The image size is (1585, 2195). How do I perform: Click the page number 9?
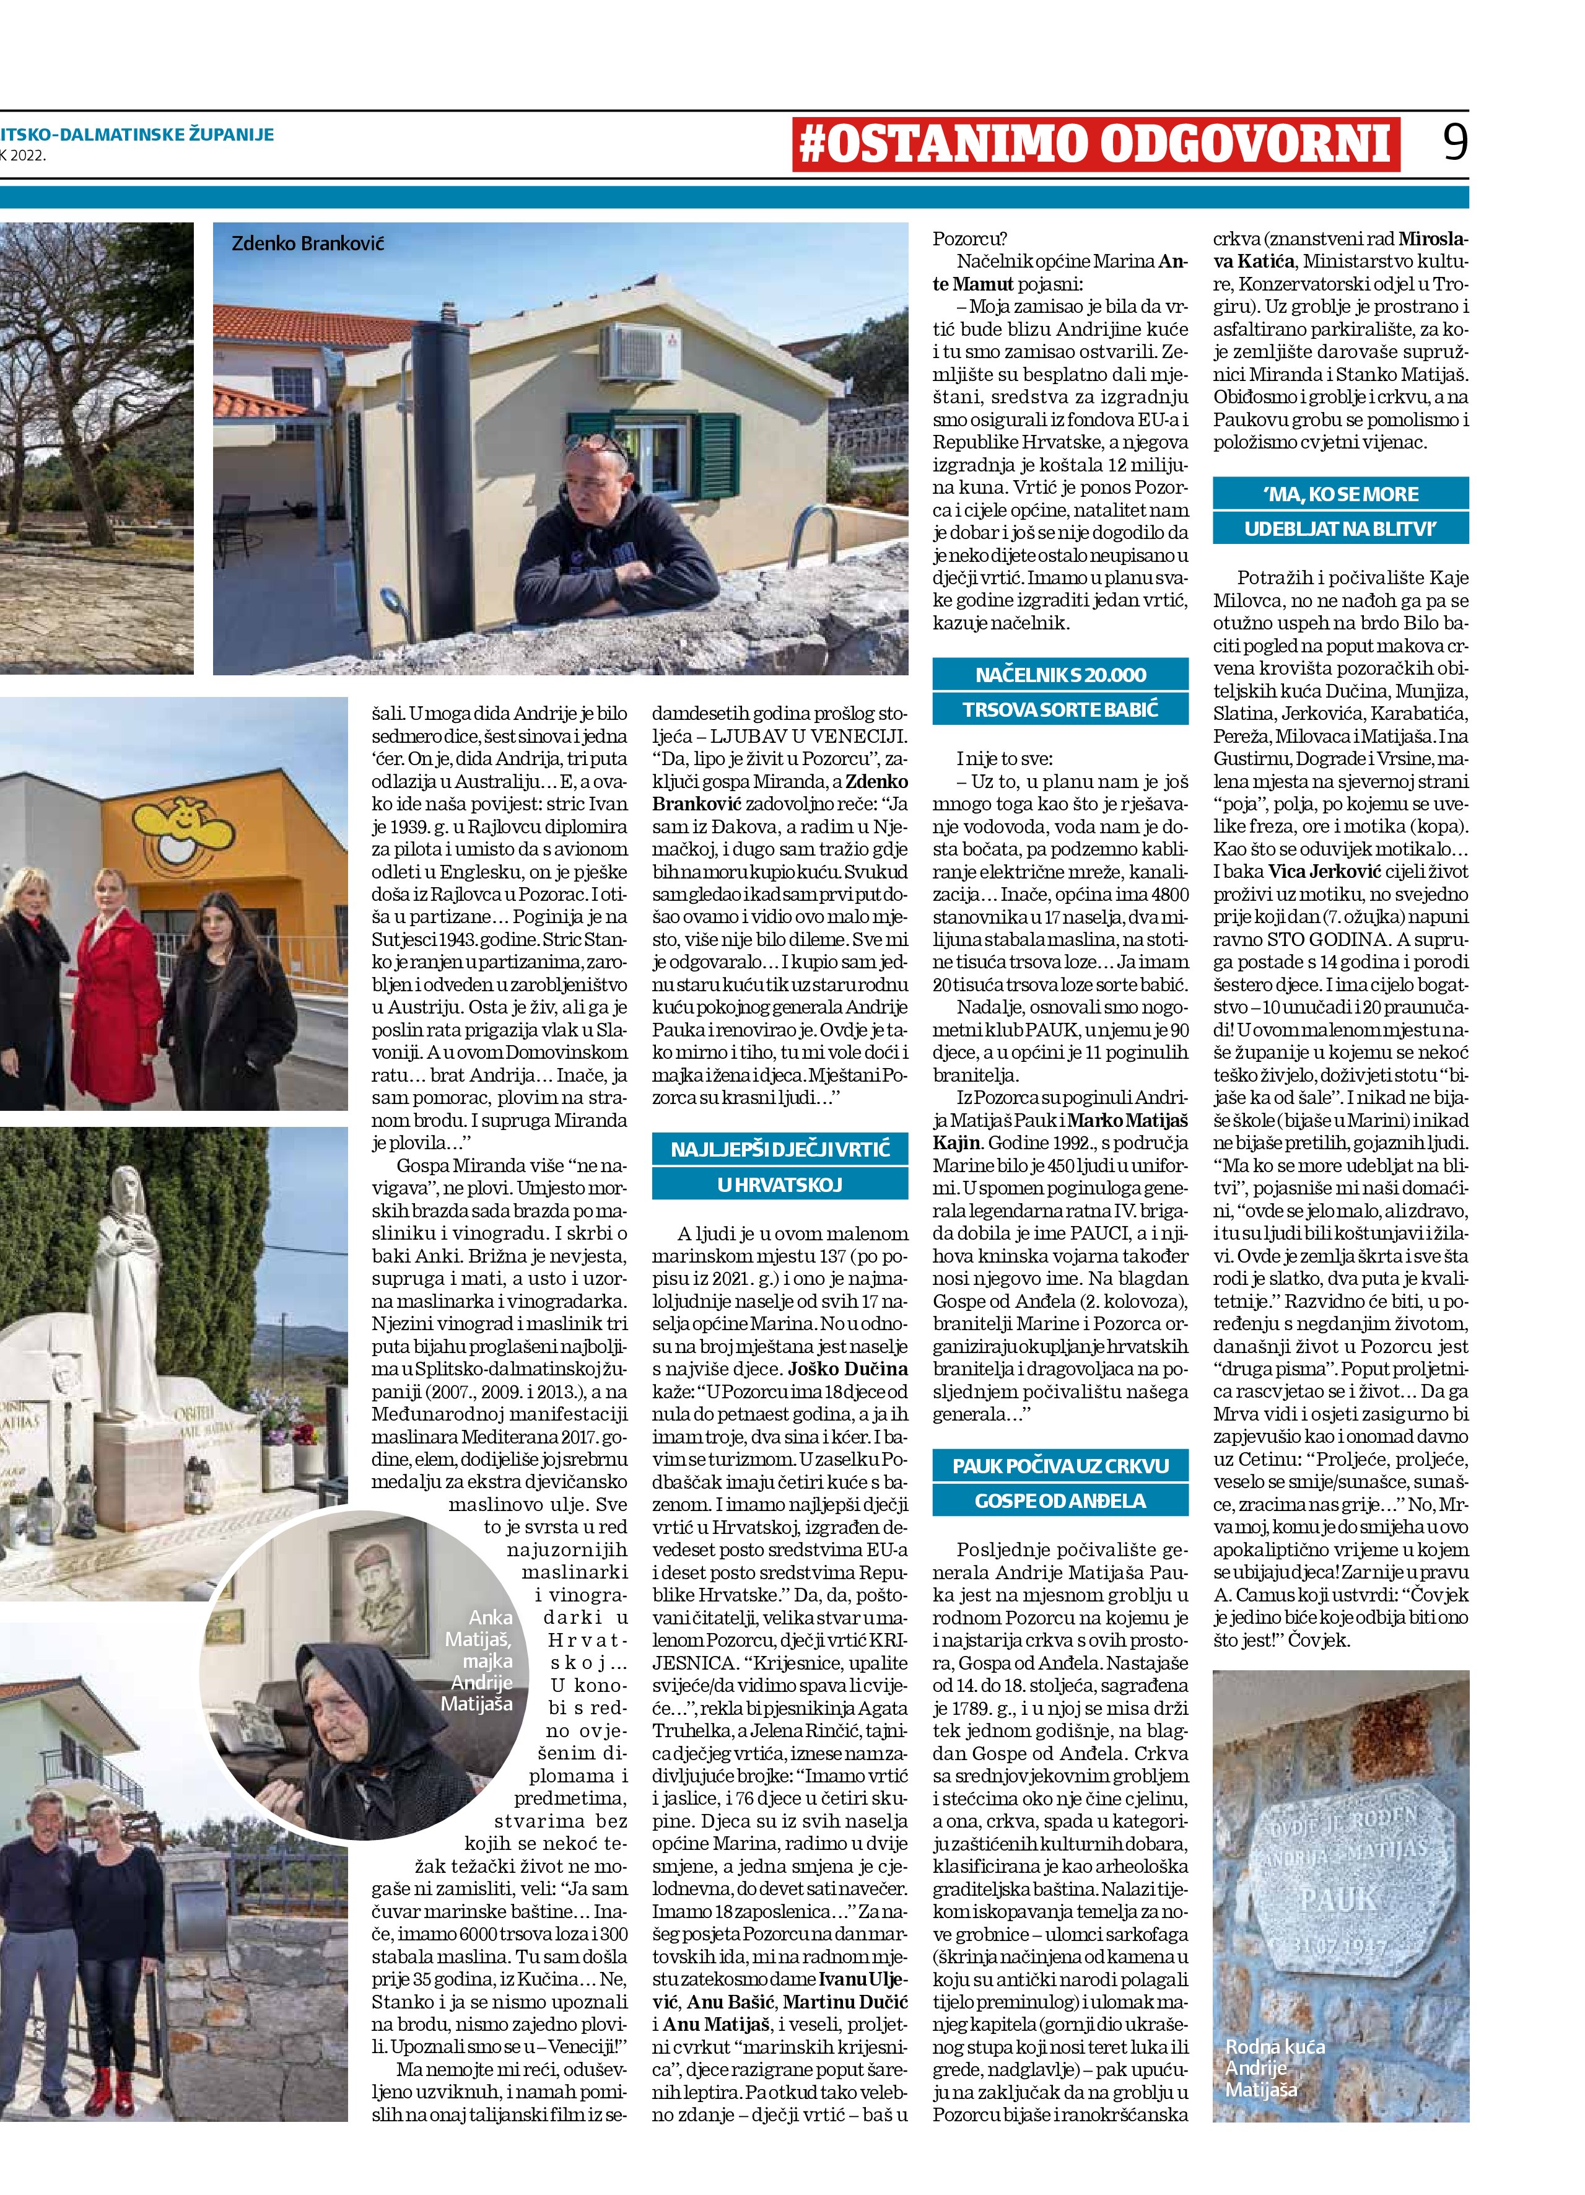point(1454,143)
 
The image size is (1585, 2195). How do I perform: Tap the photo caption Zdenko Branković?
point(308,243)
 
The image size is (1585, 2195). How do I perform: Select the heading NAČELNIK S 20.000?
point(1060,675)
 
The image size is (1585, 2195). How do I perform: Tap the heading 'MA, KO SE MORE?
point(1340,494)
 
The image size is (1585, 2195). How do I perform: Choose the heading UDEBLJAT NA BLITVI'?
point(1340,530)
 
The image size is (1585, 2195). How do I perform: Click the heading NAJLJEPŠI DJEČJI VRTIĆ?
point(780,1150)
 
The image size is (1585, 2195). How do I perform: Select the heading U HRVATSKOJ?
point(780,1185)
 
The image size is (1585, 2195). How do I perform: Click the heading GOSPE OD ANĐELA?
point(1060,1501)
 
